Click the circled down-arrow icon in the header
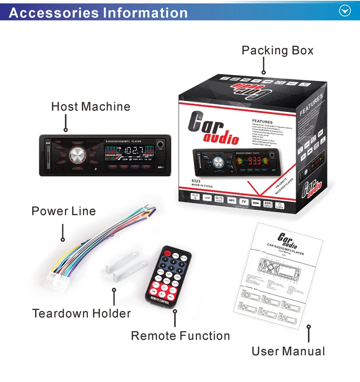(x=345, y=11)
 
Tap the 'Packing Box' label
(x=277, y=50)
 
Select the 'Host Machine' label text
(x=91, y=106)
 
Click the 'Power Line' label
(x=63, y=211)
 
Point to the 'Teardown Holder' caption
(x=81, y=314)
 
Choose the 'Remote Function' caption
(x=180, y=336)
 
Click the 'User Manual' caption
(x=288, y=351)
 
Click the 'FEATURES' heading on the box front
(x=262, y=122)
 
